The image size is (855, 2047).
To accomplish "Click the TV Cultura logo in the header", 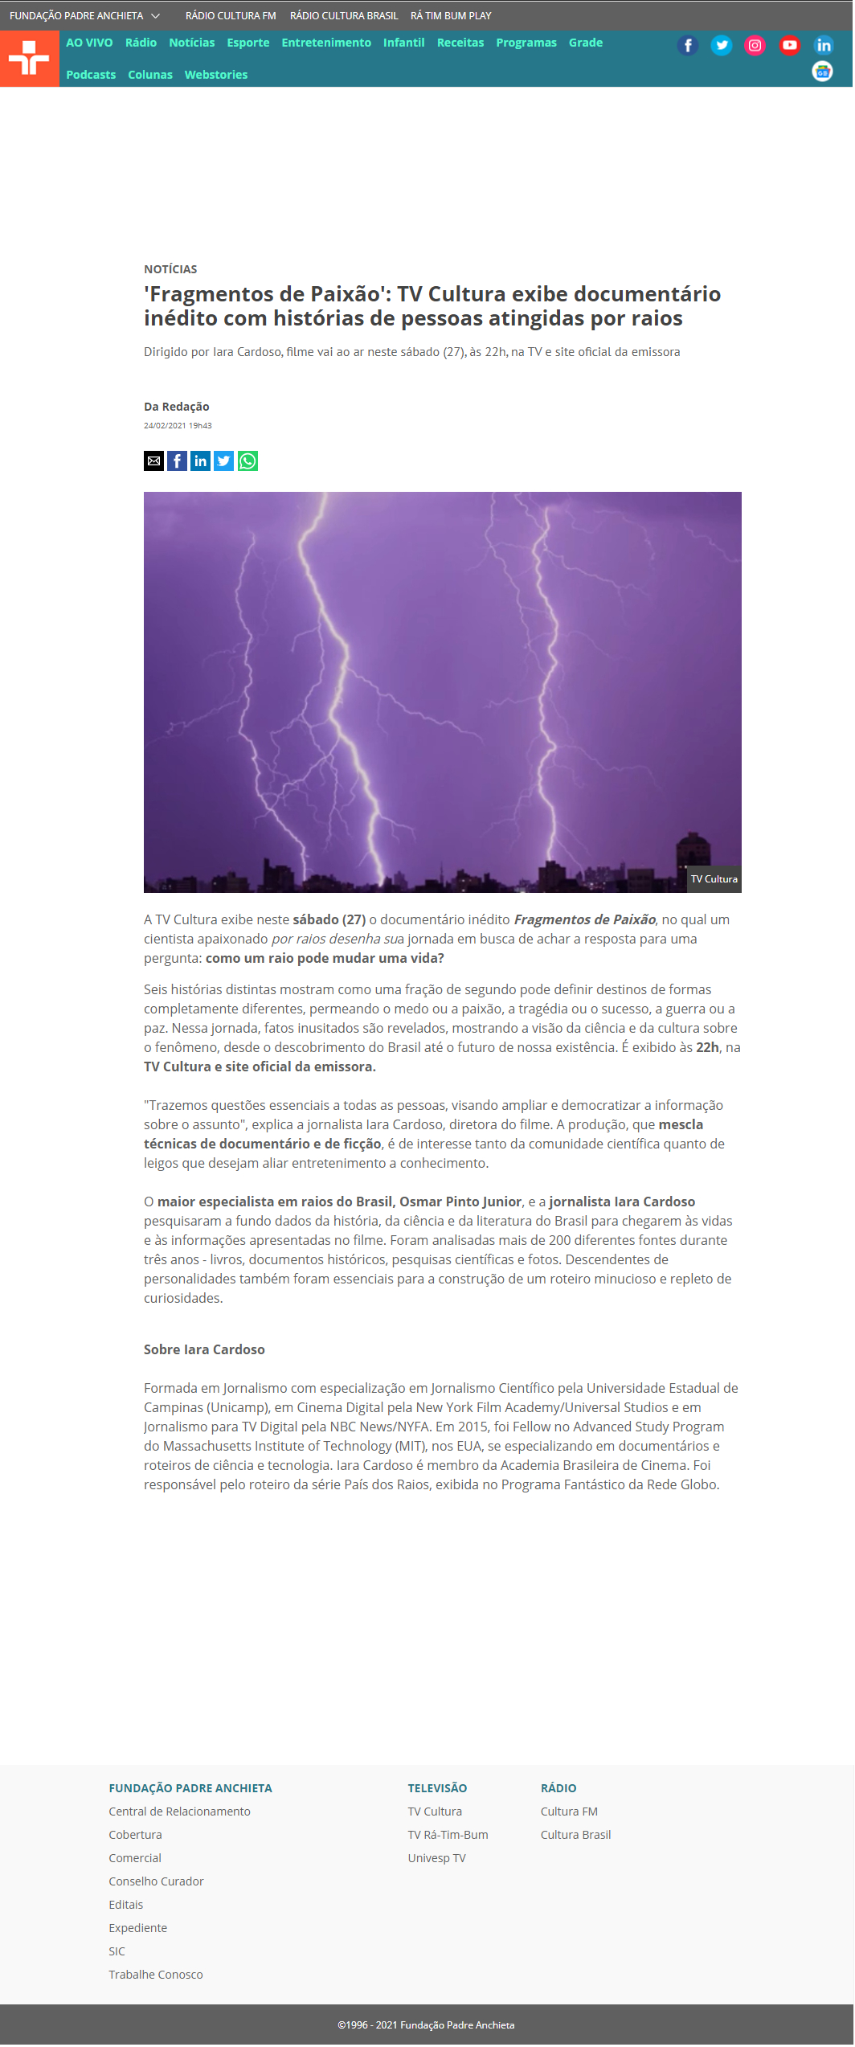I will click(x=29, y=59).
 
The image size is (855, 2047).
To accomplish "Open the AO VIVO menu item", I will click(x=89, y=43).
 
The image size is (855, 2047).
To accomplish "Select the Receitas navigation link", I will click(x=460, y=43).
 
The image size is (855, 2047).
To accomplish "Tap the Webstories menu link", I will click(x=215, y=75).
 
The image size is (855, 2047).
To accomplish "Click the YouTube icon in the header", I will click(x=789, y=46).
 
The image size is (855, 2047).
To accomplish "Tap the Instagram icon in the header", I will click(x=755, y=46).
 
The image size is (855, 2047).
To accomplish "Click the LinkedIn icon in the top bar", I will click(x=823, y=46).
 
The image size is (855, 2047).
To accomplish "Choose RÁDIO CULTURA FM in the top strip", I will click(x=231, y=16).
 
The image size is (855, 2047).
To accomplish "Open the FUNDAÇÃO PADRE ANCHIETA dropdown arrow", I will click(x=156, y=16).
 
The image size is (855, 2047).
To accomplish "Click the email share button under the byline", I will click(x=153, y=461).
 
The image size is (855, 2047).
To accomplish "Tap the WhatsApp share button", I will click(x=247, y=461).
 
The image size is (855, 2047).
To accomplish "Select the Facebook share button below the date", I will click(x=177, y=461).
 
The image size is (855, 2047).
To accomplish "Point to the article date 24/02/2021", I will click(x=178, y=426).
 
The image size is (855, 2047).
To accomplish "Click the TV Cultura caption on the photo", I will click(x=714, y=879).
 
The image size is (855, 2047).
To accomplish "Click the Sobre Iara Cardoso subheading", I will click(x=204, y=1350).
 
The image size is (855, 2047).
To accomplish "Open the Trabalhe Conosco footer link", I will click(x=156, y=1975).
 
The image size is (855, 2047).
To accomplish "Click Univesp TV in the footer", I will click(x=436, y=1858).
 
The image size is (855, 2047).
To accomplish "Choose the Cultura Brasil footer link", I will click(x=575, y=1835).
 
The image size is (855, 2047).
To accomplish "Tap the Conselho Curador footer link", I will click(x=156, y=1881).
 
